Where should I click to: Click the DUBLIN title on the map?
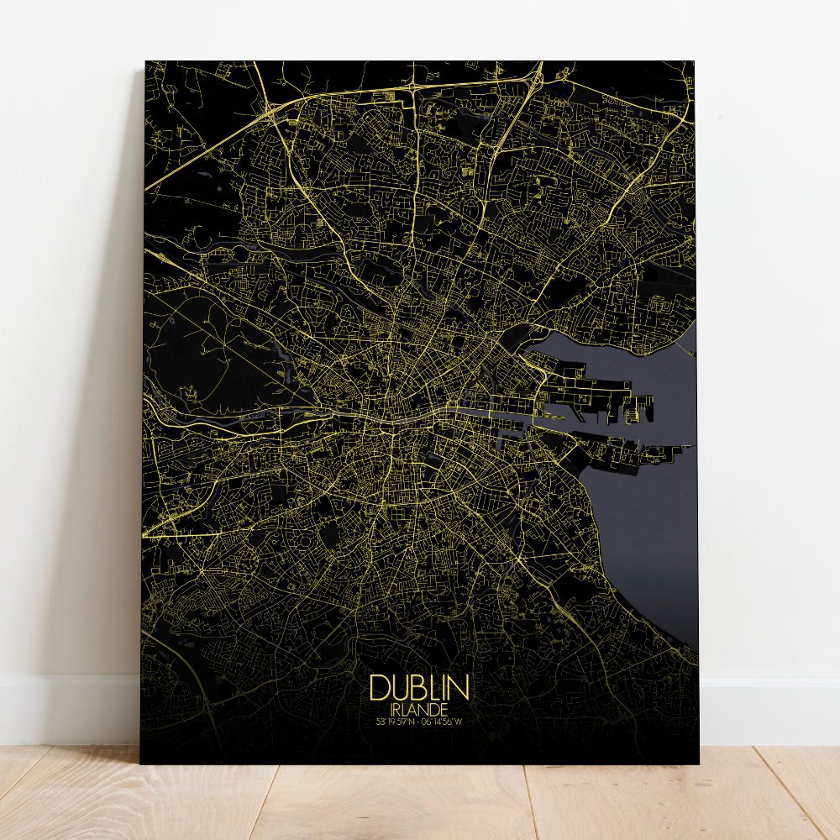click(x=418, y=687)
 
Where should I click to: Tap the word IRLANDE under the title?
click(x=418, y=709)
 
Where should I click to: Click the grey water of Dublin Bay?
click(x=647, y=521)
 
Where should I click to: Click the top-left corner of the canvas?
click(x=146, y=62)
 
